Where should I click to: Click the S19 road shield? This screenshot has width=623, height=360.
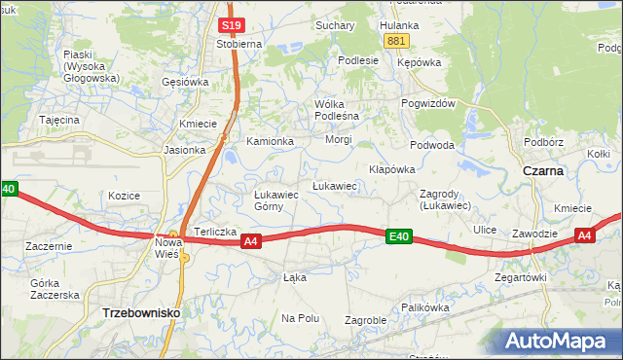231,26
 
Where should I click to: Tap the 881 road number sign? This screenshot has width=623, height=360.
395,40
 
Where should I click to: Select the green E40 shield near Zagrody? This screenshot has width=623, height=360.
398,235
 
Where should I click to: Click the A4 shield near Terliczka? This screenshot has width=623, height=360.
250,240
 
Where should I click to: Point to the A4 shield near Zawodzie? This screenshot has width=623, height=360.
584,235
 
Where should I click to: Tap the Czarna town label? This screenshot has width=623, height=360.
543,170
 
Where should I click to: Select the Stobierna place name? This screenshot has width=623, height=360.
238,44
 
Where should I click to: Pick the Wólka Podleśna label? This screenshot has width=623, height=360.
337,110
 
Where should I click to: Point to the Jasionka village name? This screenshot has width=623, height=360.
185,150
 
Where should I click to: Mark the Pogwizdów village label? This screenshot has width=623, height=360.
428,104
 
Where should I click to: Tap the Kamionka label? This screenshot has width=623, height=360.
270,141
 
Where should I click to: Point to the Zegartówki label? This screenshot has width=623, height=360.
520,277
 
